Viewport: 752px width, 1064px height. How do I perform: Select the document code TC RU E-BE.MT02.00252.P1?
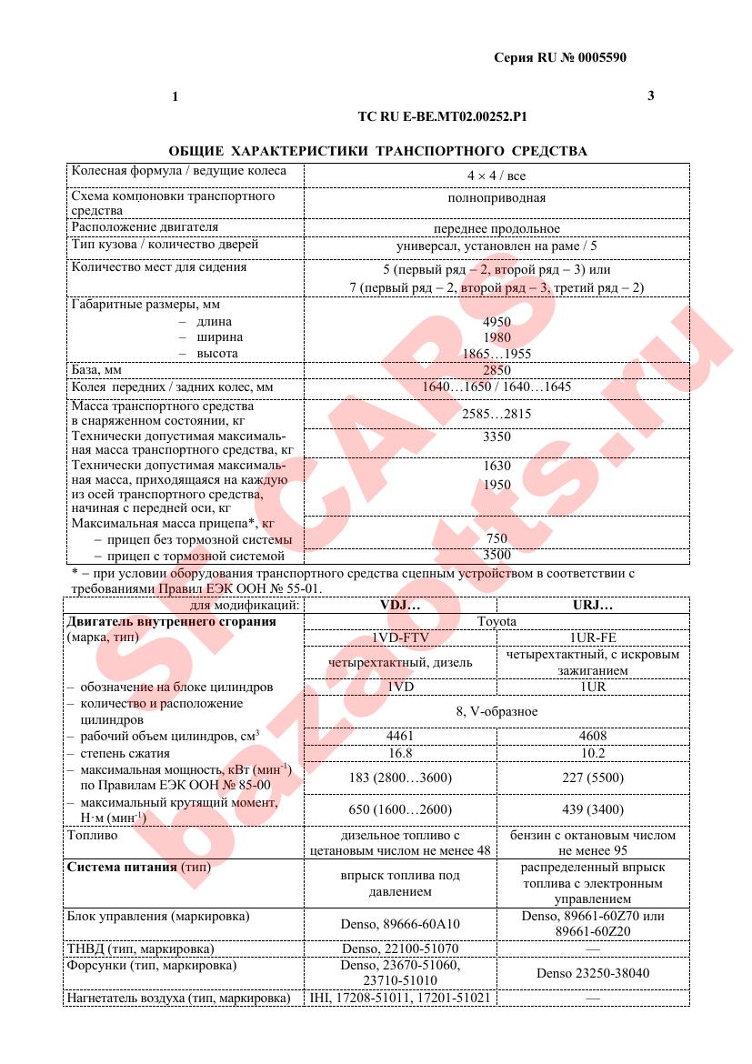[443, 116]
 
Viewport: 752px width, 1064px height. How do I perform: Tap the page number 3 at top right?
[650, 95]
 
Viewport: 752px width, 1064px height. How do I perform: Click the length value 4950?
[496, 322]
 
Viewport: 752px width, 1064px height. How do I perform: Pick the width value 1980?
[496, 337]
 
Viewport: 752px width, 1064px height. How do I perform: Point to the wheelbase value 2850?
[496, 370]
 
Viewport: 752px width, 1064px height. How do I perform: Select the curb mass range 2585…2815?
[496, 414]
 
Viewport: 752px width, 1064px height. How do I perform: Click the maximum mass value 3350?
[496, 437]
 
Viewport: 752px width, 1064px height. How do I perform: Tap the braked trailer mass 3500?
[496, 555]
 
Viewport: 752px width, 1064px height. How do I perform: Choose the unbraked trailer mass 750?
[496, 538]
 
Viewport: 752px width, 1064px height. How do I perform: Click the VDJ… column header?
[400, 605]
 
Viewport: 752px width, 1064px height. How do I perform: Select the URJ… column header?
[593, 605]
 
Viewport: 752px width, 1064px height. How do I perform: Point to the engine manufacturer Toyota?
[496, 621]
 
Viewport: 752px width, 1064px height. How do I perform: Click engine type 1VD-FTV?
[400, 637]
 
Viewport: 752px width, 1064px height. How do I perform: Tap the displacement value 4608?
[593, 736]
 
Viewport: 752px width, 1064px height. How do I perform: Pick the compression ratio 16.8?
[400, 753]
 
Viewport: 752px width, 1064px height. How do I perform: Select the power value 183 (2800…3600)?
[400, 778]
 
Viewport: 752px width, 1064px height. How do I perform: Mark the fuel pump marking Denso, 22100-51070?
[400, 949]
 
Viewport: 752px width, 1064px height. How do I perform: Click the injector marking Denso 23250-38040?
[593, 973]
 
